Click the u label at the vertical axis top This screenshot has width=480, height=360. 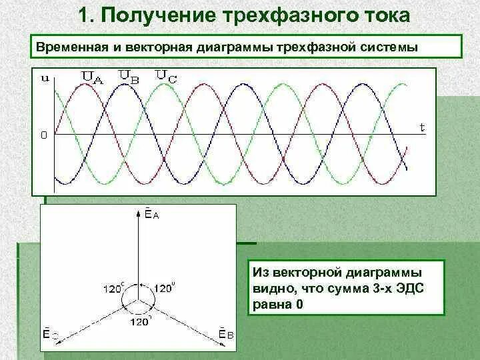click(45, 79)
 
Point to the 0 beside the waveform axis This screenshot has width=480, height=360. click(43, 135)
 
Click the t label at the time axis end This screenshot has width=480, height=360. click(421, 126)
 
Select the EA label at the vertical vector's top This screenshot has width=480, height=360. click(149, 213)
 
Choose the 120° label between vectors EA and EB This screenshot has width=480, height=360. click(164, 289)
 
